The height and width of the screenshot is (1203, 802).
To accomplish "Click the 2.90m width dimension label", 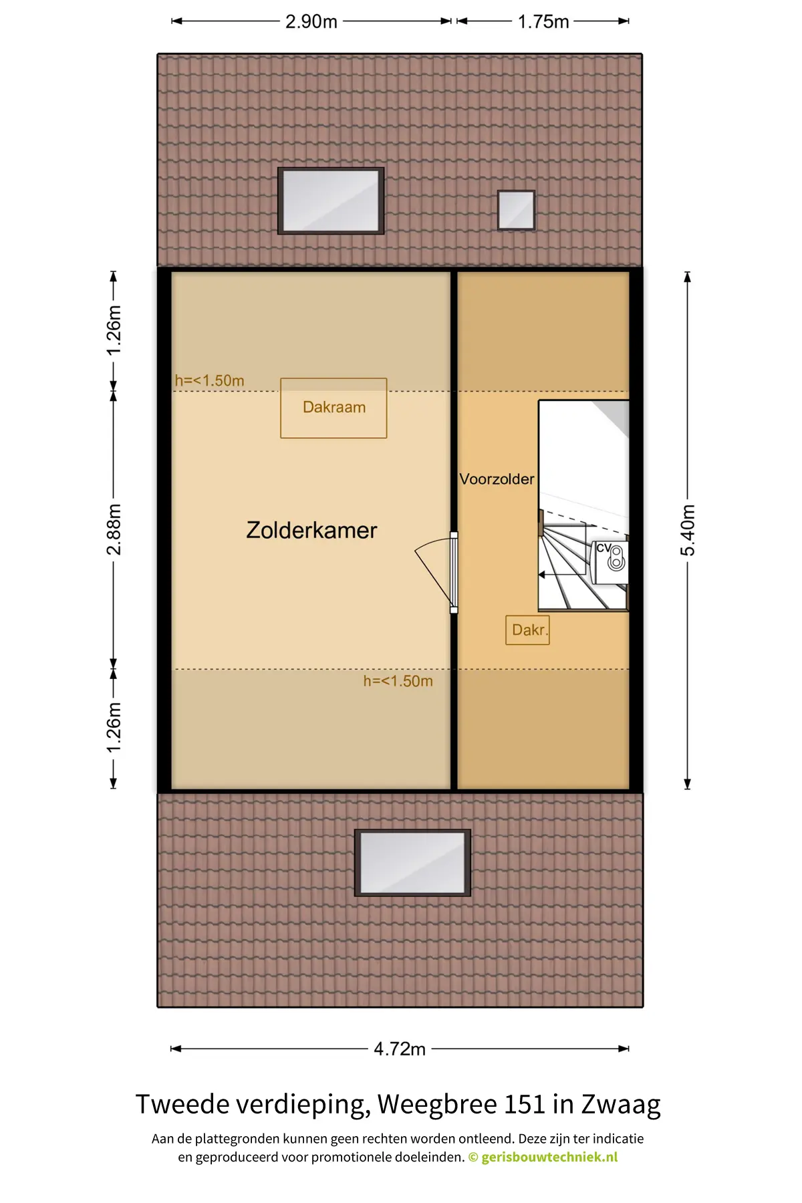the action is tap(311, 21).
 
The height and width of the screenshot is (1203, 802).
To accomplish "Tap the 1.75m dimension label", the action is tap(543, 21).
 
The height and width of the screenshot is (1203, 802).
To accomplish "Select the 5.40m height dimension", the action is tap(688, 530).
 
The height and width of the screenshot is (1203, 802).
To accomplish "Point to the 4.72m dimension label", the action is tap(400, 1049).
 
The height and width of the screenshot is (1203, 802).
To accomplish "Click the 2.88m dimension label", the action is tap(114, 529).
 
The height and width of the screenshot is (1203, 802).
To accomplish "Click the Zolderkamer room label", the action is tap(311, 530).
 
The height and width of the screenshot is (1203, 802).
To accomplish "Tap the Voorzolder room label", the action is tap(497, 479).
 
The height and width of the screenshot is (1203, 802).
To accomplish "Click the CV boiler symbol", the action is tap(611, 558).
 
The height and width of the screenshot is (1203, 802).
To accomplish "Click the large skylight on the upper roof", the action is tap(331, 200).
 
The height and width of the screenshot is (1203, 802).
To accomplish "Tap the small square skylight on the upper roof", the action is tap(516, 210).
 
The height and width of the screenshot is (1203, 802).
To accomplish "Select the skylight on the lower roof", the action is tap(412, 862).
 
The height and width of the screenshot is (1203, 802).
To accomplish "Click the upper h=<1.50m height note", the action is tap(209, 380).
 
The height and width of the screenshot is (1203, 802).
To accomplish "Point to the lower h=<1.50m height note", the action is tap(398, 681).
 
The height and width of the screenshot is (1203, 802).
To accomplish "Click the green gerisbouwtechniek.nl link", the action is tap(549, 1157).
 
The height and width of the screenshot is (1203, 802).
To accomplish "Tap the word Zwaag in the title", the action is tap(621, 1105).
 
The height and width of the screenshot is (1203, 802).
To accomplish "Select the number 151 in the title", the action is tap(525, 1104).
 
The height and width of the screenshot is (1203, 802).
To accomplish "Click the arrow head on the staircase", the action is tap(542, 575).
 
